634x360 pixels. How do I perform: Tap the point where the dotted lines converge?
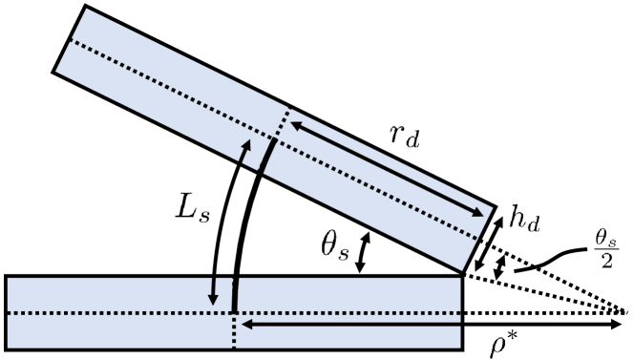click(624, 312)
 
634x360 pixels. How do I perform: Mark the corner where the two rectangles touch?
click(463, 275)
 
